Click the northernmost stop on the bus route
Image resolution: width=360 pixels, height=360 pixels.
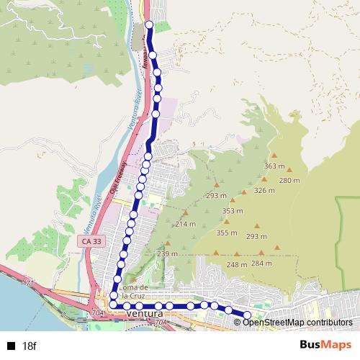(x=149, y=25)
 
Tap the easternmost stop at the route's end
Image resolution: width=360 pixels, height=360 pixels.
(x=247, y=315)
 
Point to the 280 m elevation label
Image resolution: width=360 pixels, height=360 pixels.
(x=289, y=180)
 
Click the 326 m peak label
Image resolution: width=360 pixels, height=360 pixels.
(x=264, y=191)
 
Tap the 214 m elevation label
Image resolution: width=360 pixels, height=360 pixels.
(x=185, y=225)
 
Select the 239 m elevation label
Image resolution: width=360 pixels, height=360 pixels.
(x=167, y=253)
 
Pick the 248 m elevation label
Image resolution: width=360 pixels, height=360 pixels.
(x=237, y=265)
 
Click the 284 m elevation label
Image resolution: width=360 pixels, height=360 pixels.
(x=261, y=264)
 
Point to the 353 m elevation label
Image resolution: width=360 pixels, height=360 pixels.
(x=232, y=211)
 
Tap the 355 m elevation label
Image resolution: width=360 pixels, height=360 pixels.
(x=226, y=233)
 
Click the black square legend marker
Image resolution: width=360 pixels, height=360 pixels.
(x=11, y=346)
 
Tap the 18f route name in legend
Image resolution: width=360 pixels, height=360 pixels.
(x=28, y=346)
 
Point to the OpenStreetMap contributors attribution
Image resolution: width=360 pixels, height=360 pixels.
(x=298, y=322)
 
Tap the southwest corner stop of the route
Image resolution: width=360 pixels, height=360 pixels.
(x=113, y=305)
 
